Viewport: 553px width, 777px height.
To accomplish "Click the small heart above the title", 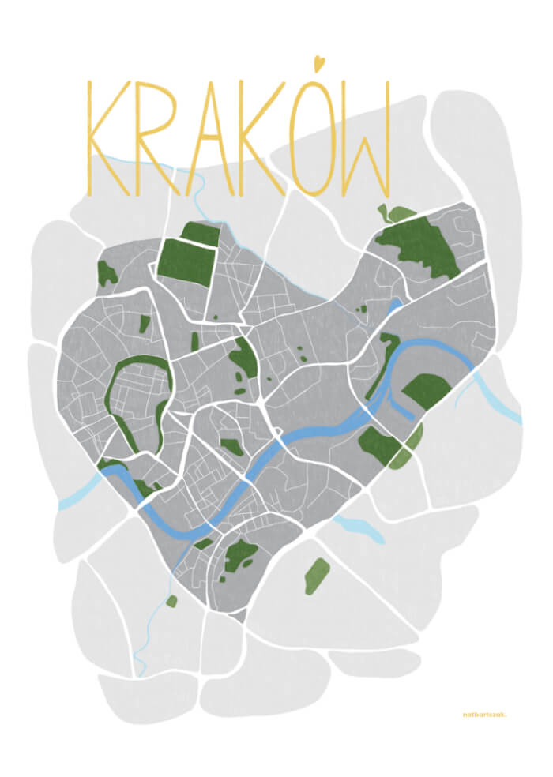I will (x=318, y=62).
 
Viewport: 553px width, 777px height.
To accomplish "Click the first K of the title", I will (x=101, y=138).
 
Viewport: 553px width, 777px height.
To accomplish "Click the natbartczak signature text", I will (x=484, y=715).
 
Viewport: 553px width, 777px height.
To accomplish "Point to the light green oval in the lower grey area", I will (x=317, y=576).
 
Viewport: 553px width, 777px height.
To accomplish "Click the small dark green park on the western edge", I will (x=106, y=273).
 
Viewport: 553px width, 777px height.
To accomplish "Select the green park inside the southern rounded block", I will (x=240, y=556).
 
